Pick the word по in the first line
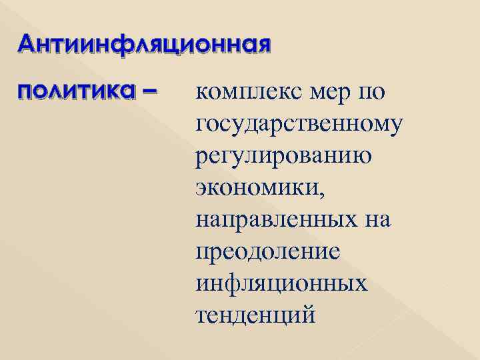point(371,93)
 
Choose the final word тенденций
point(255,313)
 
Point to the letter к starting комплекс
point(203,93)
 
